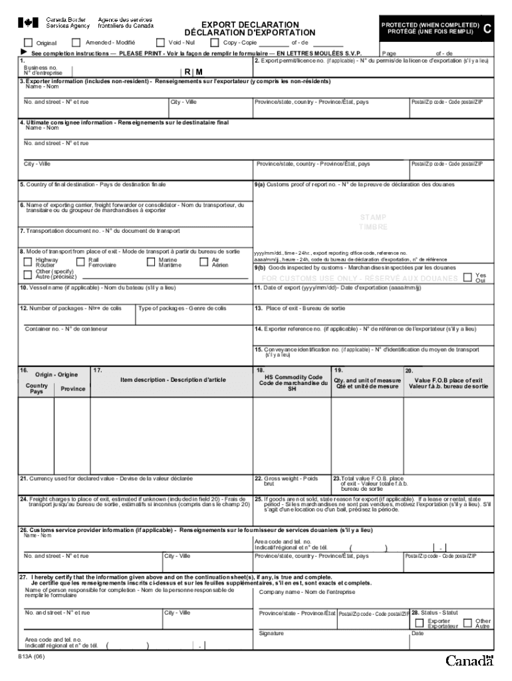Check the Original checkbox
29,43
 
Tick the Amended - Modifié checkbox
75,43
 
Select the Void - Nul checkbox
160,43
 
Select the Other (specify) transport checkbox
27,273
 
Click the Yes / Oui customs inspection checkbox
467,277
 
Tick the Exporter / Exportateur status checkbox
419,623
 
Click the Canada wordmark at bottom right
469,661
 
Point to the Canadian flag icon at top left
27,23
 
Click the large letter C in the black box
488,29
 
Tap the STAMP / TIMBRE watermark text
373,222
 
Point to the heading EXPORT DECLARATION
250,25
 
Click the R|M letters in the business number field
193,71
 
